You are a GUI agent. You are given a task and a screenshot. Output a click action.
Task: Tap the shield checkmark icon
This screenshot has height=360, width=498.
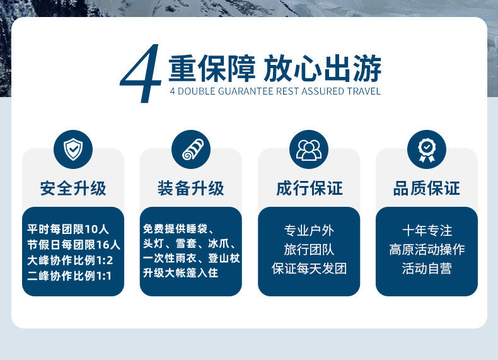73,149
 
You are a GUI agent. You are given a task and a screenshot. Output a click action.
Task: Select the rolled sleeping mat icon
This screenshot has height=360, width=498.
191,149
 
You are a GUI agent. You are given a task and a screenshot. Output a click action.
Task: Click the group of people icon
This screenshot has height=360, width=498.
309,149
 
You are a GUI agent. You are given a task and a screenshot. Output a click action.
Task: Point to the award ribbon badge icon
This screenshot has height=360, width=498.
427,149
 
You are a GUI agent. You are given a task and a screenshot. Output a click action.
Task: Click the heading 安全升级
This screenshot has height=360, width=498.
73,188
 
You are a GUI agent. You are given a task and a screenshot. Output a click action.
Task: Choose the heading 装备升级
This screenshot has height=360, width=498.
191,188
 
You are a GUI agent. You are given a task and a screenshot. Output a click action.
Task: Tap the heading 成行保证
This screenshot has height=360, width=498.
309,188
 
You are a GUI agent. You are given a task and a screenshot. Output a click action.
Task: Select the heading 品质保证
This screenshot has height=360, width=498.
427,188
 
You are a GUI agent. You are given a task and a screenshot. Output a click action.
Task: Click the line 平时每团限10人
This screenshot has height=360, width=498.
68,229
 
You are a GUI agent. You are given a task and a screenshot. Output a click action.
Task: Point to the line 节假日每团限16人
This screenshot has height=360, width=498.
74,245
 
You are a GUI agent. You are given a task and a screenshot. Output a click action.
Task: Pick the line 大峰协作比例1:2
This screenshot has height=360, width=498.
70,260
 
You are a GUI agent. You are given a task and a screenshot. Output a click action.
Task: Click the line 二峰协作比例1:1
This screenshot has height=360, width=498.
69,276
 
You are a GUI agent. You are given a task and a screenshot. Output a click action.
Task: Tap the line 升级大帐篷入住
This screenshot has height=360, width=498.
180,272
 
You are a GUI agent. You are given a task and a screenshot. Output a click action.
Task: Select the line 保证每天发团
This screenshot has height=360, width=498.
309,269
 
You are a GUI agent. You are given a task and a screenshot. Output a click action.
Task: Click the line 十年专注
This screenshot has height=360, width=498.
427,230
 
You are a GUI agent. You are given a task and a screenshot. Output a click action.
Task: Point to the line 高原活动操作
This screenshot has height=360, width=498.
427,250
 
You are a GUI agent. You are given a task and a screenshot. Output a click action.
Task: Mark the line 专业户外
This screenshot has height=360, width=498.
309,230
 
